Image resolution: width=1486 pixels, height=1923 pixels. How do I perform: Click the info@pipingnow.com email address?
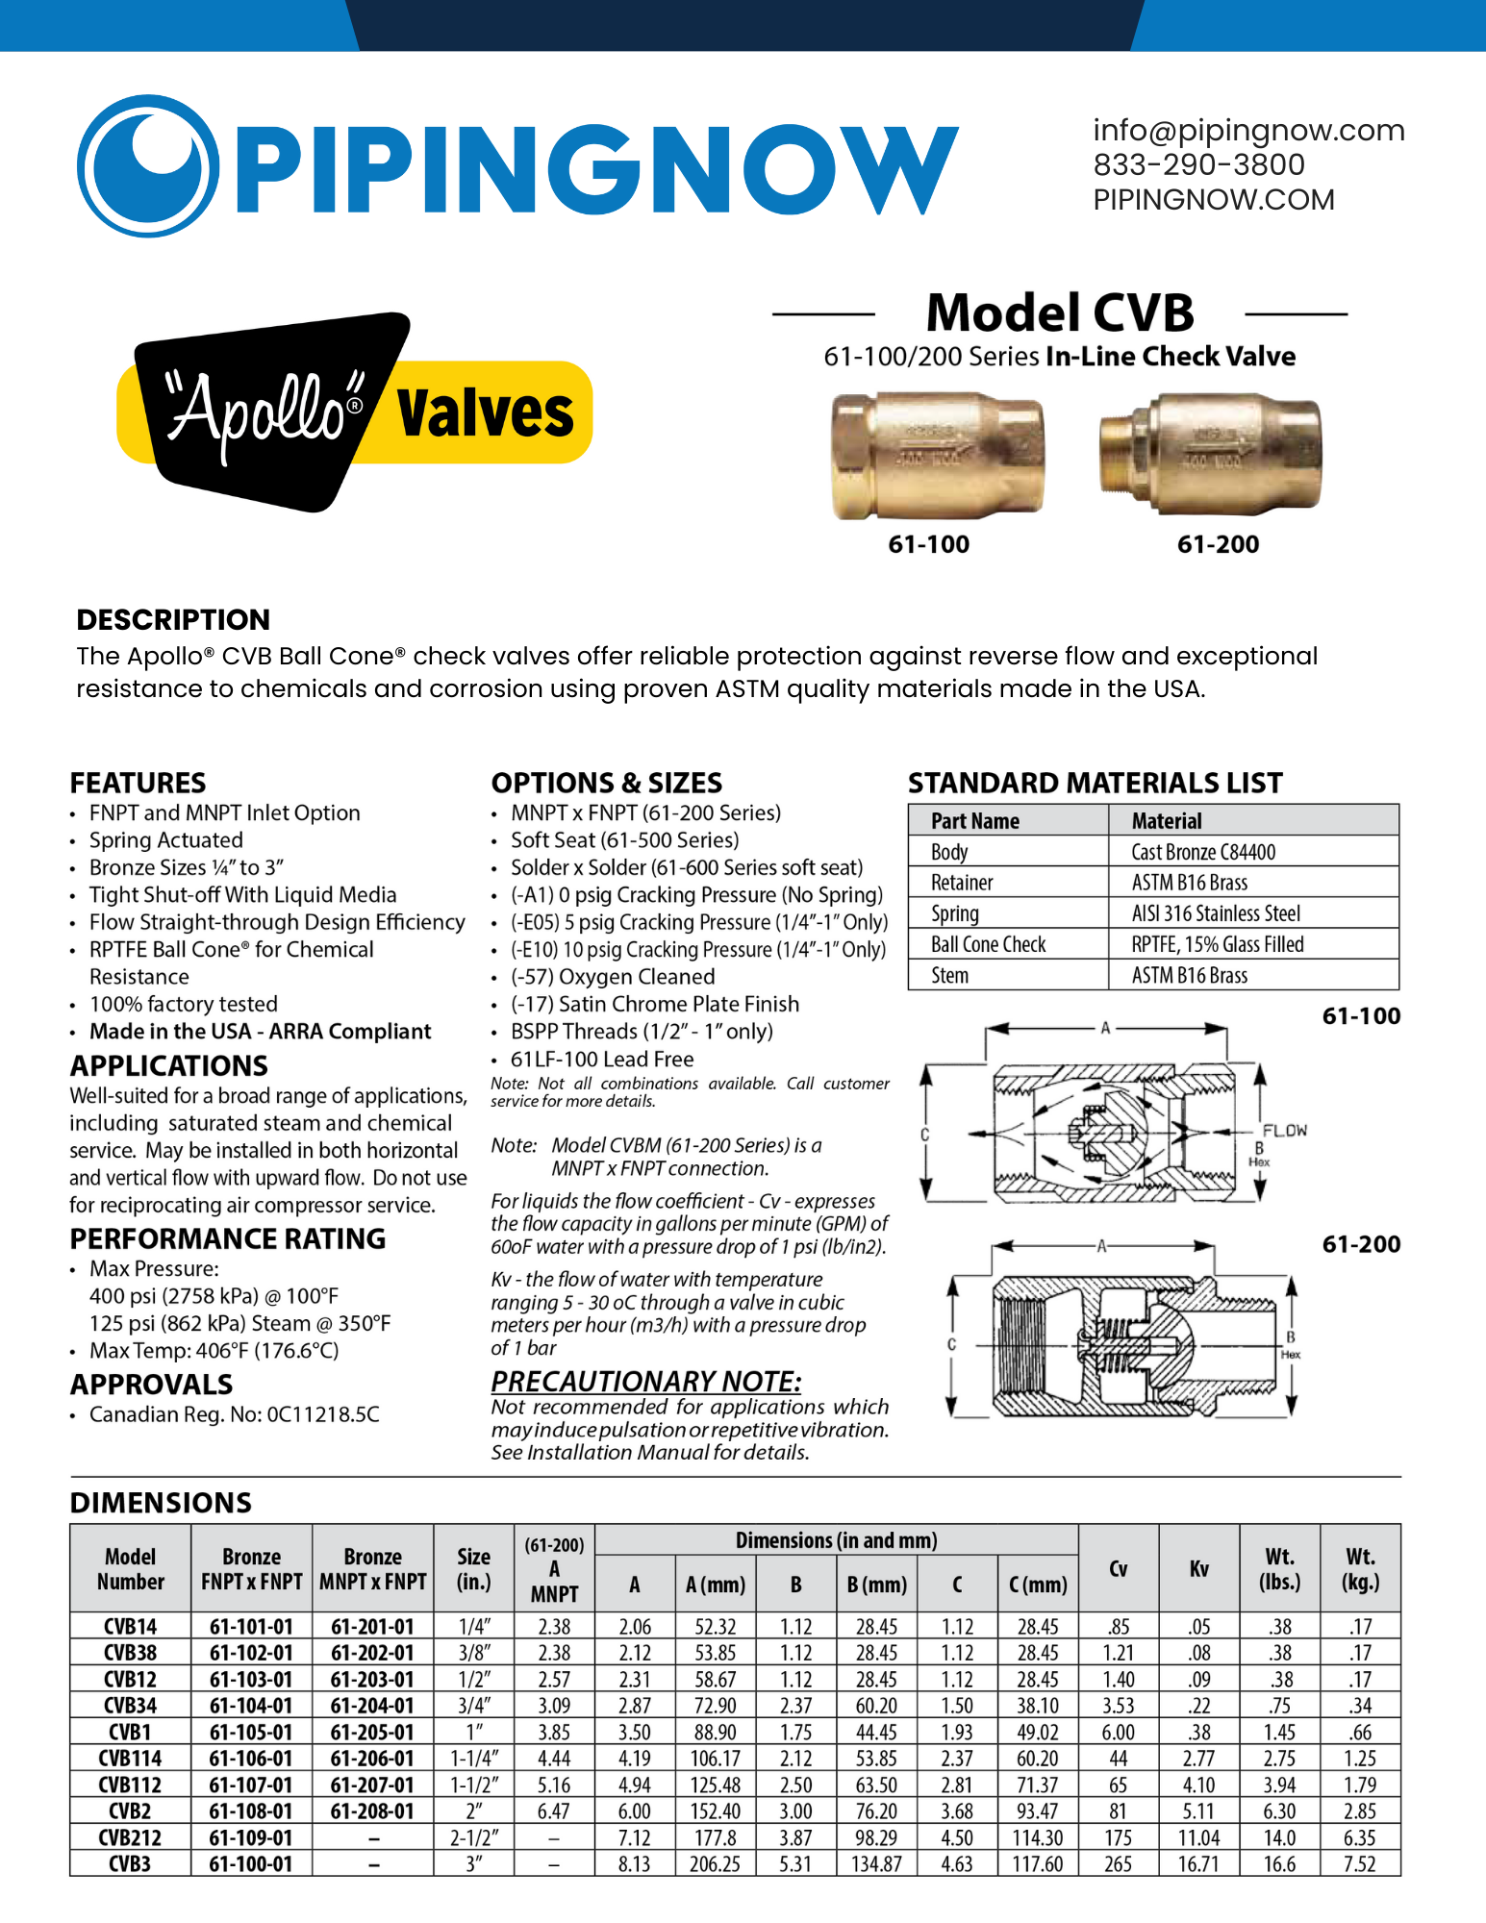(x=1248, y=131)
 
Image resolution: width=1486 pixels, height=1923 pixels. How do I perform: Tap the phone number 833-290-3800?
(x=1198, y=165)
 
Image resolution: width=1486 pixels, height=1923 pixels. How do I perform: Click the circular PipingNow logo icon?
(x=147, y=165)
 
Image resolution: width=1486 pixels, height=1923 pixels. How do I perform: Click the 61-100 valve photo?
(x=937, y=455)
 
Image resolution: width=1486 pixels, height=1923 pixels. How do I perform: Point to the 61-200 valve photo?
(x=1210, y=452)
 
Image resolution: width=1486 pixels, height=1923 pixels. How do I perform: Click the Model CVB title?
(x=1059, y=313)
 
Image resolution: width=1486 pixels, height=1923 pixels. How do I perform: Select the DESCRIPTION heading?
(x=173, y=620)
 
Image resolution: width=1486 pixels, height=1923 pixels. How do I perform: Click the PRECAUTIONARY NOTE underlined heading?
(x=645, y=1382)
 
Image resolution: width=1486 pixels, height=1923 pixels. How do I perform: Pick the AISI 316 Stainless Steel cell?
(x=1216, y=913)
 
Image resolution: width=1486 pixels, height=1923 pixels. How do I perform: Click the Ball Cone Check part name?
(x=988, y=944)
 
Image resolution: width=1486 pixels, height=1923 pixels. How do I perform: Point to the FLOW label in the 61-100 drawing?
(x=1284, y=1131)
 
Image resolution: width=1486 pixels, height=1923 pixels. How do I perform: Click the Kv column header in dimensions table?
(x=1198, y=1569)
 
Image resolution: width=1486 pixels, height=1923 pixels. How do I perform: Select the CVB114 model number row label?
(x=130, y=1759)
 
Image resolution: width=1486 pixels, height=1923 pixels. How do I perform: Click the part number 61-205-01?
(x=372, y=1733)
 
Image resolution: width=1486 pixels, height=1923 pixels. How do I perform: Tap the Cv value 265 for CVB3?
(x=1118, y=1864)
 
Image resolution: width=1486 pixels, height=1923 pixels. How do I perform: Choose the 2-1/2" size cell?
(x=474, y=1838)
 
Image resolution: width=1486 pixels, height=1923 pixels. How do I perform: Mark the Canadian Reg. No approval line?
(x=234, y=1414)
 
